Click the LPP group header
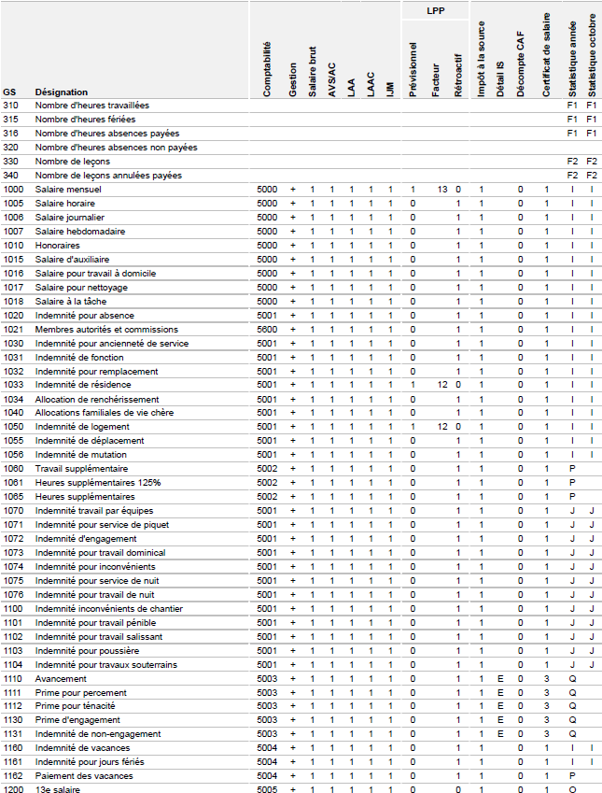(434, 12)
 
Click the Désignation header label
(62, 92)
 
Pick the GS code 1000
(13, 189)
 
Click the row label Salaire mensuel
(68, 189)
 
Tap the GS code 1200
(13, 790)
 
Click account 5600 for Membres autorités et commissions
(267, 329)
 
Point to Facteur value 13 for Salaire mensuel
(441, 189)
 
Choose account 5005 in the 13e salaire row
(267, 790)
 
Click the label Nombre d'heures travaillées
(91, 105)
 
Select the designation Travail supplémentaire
(82, 468)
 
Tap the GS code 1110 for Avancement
(13, 678)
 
